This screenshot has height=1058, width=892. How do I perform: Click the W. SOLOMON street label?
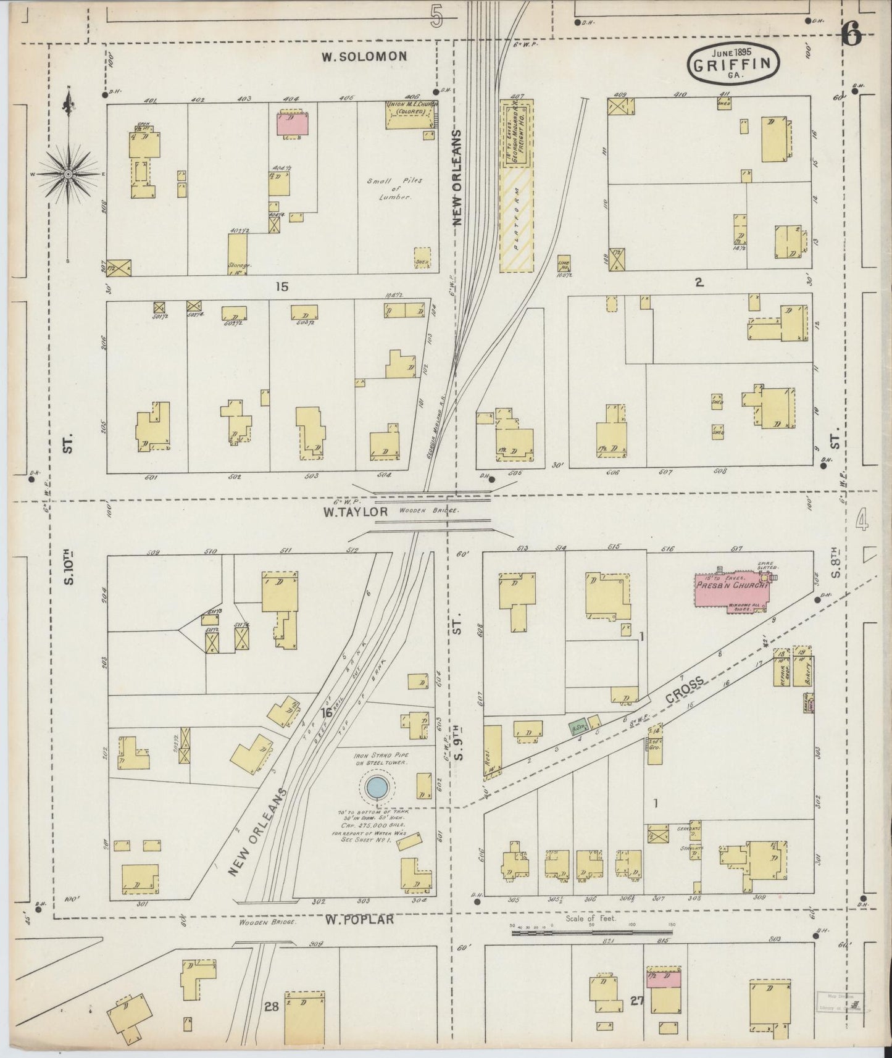[x=364, y=56]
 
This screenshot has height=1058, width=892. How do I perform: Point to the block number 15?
[x=283, y=286]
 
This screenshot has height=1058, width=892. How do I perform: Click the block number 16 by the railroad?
[x=327, y=712]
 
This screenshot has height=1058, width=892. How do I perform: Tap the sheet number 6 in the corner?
[x=852, y=36]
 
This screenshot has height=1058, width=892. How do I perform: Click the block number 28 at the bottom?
[x=272, y=1007]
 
